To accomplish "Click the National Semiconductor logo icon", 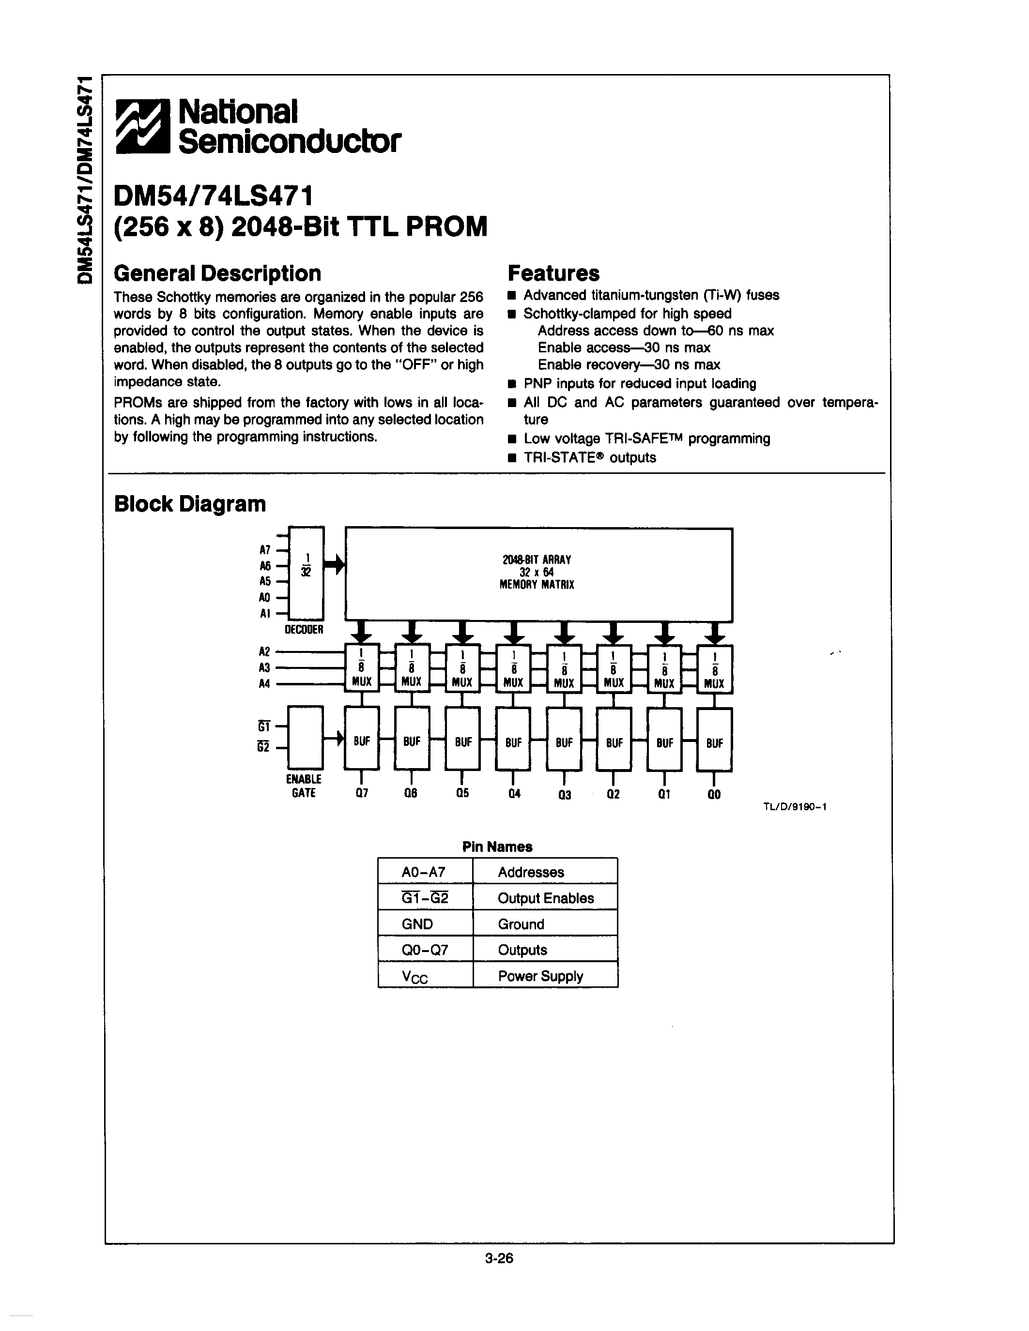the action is click(x=144, y=125).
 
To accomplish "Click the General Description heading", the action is click(x=217, y=273).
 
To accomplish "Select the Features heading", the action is click(x=553, y=273).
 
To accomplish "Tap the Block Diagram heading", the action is click(x=190, y=504).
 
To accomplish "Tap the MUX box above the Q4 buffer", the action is click(x=513, y=668).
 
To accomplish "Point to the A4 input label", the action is click(x=264, y=684).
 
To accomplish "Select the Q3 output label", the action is click(x=565, y=795).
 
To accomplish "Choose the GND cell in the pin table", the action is click(x=417, y=924).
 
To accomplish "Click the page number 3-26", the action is click(x=499, y=1258).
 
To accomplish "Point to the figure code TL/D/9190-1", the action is click(x=794, y=807).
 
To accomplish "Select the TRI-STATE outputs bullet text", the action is click(x=589, y=458).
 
